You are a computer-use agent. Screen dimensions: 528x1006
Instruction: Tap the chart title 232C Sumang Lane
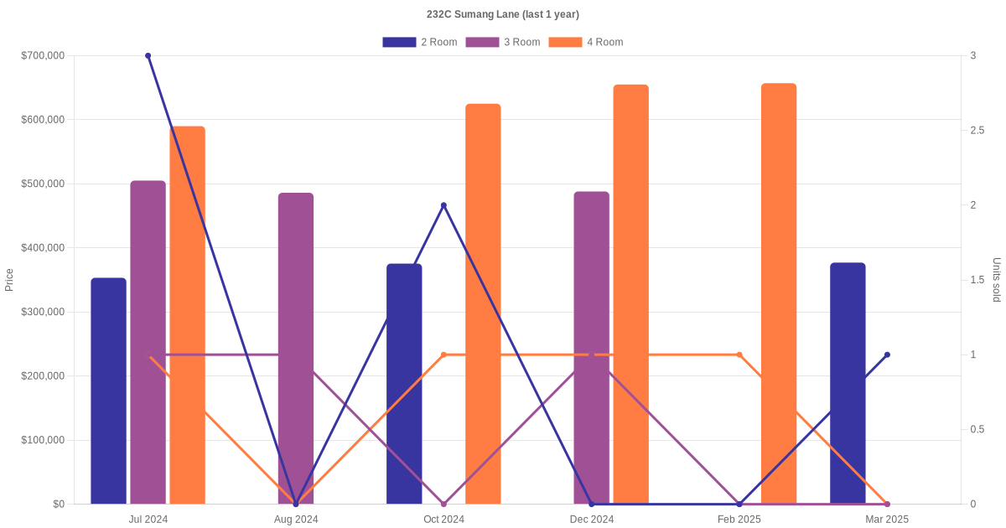tap(502, 14)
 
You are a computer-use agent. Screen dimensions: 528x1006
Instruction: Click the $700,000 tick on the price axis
tap(43, 56)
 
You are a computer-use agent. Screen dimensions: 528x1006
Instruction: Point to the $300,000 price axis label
tap(43, 312)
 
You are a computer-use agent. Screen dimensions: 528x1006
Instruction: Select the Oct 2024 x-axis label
tap(443, 520)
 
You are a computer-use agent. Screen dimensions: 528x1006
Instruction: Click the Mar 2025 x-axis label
tap(887, 520)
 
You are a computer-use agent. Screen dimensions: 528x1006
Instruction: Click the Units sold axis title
tap(996, 280)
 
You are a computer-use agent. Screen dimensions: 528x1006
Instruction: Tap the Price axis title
tap(9, 280)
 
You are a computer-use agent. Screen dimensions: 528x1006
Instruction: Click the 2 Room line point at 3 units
tap(148, 56)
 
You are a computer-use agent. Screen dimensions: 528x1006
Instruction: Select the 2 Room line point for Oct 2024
tap(443, 205)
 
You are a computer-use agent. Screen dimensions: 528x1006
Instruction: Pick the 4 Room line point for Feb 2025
tap(739, 355)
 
